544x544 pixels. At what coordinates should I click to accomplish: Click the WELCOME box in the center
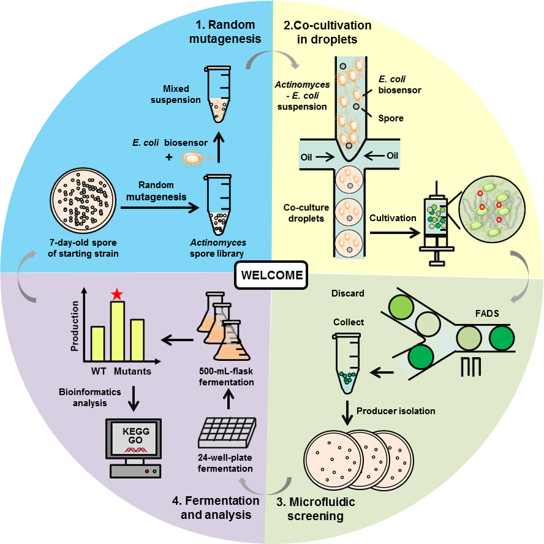(x=271, y=275)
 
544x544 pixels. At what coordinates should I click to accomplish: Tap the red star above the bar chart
(x=117, y=295)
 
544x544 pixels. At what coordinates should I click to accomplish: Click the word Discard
(x=349, y=293)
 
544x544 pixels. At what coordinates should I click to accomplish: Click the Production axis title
(x=75, y=325)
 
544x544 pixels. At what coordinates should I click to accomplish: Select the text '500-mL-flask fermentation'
(x=225, y=377)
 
